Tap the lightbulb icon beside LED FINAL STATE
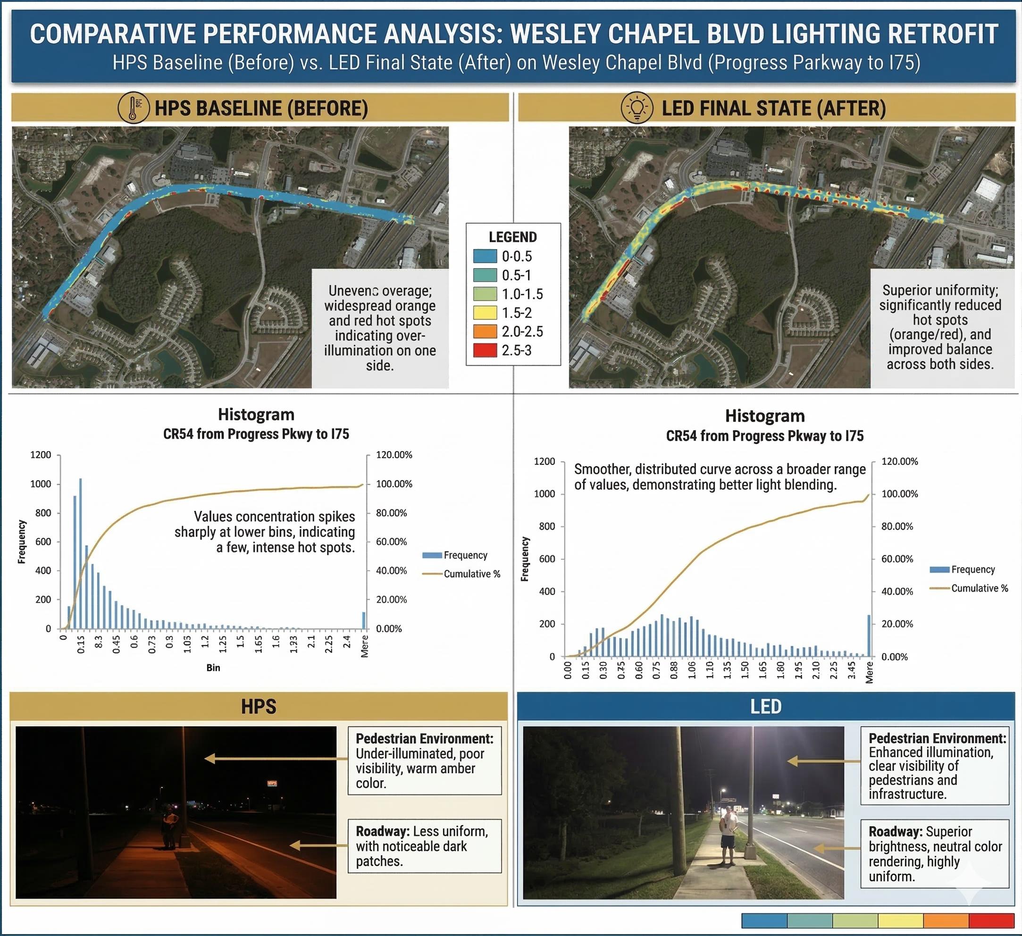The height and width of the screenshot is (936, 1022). pos(637,108)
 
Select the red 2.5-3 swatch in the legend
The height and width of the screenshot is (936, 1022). pos(485,350)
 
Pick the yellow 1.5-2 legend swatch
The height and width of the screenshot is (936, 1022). pos(485,313)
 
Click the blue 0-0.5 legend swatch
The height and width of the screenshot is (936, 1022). pos(485,256)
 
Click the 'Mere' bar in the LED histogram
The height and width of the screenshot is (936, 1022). pos(869,635)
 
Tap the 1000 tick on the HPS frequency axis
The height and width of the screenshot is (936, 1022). pos(41,484)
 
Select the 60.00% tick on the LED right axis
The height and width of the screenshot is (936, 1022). pos(897,559)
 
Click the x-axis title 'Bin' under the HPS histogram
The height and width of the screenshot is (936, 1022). pos(213,668)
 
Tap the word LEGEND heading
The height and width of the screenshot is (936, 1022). pos(512,237)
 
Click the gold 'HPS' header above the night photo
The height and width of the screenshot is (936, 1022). pos(259,706)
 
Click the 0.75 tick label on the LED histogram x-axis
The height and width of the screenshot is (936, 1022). pos(656,670)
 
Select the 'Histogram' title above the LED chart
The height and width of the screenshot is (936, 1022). pos(764,416)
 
